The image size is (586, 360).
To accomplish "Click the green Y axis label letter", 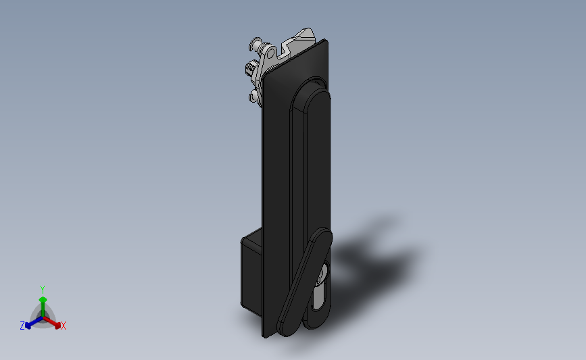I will click(x=42, y=290).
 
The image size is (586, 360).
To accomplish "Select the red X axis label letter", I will click(x=64, y=326).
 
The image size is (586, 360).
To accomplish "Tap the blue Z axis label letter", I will click(x=22, y=326).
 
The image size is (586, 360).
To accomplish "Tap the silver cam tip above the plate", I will click(x=307, y=33).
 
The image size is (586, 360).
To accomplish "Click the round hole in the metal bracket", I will click(x=270, y=51).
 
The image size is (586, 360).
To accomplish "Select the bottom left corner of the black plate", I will click(x=264, y=334).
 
